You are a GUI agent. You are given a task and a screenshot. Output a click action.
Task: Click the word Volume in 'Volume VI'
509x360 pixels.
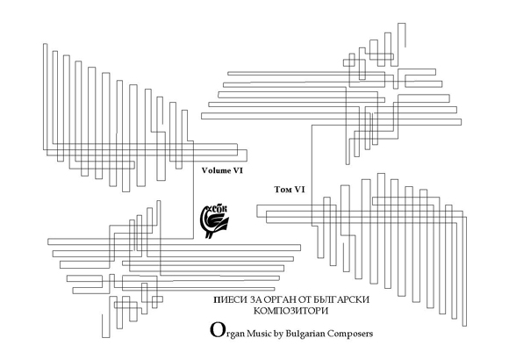(216, 170)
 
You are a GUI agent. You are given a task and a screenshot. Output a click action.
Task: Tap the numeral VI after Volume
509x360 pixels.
(237, 170)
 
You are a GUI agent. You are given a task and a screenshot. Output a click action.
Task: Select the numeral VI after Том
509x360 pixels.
(299, 190)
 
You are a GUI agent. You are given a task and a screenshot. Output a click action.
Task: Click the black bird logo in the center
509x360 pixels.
(214, 221)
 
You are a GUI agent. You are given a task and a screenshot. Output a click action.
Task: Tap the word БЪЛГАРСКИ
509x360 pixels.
(343, 299)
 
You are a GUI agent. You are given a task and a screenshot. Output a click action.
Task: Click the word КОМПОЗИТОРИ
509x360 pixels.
(290, 311)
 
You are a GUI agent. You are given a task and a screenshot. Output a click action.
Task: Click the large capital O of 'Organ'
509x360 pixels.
(216, 330)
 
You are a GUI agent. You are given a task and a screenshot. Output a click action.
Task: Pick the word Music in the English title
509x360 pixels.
(259, 334)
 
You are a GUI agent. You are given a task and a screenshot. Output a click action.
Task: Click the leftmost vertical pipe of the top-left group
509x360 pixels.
(45, 97)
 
